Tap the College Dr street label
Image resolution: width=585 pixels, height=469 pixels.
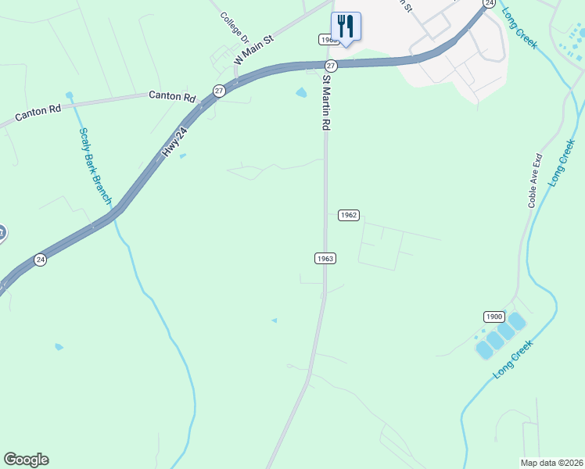234,27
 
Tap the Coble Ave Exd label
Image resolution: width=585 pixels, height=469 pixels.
535,181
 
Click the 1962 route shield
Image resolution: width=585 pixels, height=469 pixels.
349,215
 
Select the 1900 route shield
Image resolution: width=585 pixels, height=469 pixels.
493,316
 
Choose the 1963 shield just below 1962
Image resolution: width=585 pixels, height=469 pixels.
325,258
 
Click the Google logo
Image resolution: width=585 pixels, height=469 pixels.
26,460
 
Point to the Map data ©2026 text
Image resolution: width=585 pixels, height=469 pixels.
551,462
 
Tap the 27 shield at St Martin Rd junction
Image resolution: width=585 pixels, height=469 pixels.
331,65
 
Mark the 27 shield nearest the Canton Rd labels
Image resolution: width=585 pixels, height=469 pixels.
219,91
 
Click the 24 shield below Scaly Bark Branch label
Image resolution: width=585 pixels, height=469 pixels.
41,260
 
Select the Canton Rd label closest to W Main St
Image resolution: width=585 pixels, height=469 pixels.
172,96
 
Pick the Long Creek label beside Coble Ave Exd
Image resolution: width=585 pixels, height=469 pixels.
562,163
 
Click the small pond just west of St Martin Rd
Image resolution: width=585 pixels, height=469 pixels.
301,94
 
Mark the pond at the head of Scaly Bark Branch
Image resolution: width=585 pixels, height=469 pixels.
69,95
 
